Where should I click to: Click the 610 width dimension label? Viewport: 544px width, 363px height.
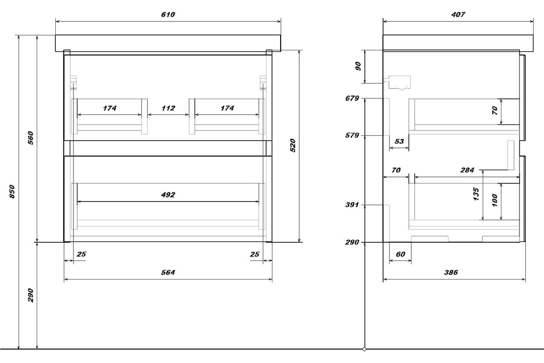pos(168,15)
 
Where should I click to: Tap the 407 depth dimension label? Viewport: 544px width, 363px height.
pos(458,15)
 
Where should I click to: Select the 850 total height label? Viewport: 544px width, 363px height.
pos(12,191)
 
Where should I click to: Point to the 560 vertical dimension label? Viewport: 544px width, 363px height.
pos(31,138)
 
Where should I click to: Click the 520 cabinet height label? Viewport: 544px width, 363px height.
pos(293,145)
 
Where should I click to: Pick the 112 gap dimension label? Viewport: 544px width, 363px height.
pos(168,108)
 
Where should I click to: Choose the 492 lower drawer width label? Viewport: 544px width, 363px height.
pos(168,195)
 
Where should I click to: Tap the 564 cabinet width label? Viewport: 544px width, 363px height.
pos(168,272)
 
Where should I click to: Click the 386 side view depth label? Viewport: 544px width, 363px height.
pos(451,272)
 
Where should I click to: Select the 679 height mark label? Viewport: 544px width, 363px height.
pos(352,98)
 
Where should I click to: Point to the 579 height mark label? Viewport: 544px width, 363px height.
pos(352,135)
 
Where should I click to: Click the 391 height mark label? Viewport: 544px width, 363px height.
pos(352,205)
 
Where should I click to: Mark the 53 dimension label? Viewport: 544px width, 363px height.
pos(399,141)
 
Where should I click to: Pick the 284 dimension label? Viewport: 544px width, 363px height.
pos(467,170)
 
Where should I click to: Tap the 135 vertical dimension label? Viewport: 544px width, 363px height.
pos(476,194)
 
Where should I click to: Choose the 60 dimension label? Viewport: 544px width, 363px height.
pos(400,254)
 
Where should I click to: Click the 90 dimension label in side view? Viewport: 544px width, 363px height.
pos(358,66)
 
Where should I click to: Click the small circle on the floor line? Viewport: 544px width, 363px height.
pos(364,349)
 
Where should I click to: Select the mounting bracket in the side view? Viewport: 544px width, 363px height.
pos(397,83)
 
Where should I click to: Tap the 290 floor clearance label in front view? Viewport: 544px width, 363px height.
pos(31,295)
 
